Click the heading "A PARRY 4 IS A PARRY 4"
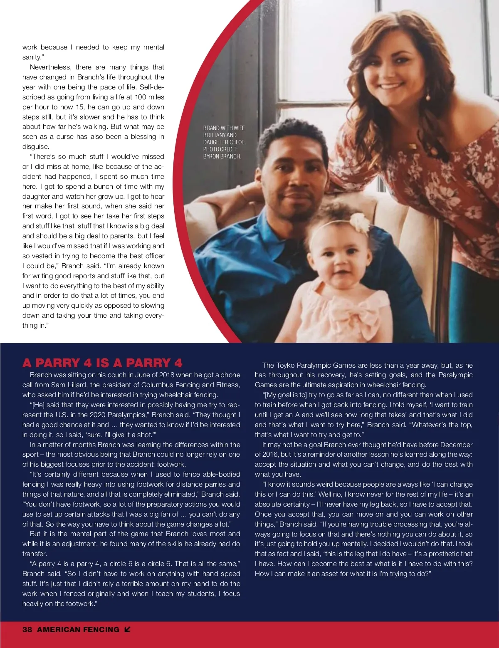pos(102,363)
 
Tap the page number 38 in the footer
pos(27,630)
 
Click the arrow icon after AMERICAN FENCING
pos(127,630)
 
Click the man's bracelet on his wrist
pos(242,192)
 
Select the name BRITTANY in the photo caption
pos(214,135)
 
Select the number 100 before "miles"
pos(141,97)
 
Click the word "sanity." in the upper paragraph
pos(32,57)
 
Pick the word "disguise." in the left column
pos(36,147)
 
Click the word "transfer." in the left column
pos(35,554)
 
